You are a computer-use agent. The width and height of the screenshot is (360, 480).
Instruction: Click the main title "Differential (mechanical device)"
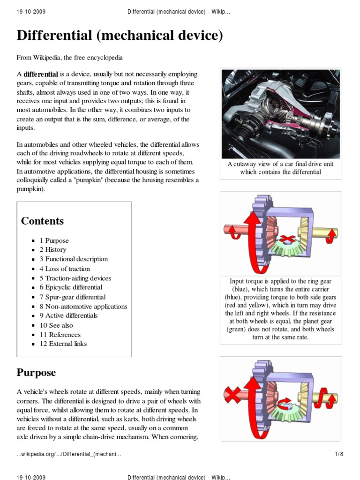pyautogui.click(x=120, y=36)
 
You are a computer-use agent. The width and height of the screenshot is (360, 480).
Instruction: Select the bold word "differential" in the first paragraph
pyautogui.click(x=41, y=74)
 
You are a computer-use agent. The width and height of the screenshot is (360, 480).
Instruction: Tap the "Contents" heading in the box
pyautogui.click(x=42, y=221)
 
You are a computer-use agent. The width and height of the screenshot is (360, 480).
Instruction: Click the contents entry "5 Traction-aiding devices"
pyautogui.click(x=75, y=278)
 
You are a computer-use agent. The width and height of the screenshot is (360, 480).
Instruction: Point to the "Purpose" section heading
pyautogui.click(x=36, y=373)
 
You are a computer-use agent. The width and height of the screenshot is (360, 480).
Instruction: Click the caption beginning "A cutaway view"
pyautogui.click(x=280, y=168)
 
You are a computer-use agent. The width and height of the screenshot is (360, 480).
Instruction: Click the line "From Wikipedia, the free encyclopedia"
pyautogui.click(x=69, y=58)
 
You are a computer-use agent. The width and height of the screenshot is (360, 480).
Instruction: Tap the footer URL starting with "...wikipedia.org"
pyautogui.click(x=68, y=454)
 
